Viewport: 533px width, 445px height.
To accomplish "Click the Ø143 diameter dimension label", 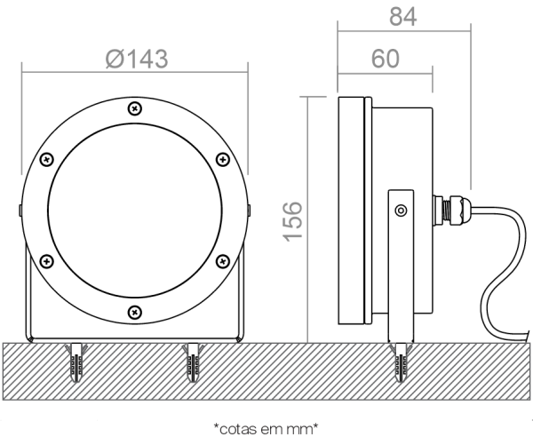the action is (137, 60).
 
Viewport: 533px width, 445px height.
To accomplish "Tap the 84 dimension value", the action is (402, 17).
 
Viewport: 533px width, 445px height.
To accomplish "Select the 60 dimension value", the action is (386, 59).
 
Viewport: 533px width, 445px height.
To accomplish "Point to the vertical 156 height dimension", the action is (292, 222).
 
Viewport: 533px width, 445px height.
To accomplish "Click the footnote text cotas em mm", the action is (266, 429).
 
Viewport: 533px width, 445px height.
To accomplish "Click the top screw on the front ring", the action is (135, 108).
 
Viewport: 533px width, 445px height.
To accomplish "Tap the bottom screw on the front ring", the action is (135, 312).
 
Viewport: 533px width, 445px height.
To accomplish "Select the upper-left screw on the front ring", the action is (47, 160).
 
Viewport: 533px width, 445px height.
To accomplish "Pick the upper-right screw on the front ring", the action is (223, 160).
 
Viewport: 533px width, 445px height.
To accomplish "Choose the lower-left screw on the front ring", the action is (47, 261).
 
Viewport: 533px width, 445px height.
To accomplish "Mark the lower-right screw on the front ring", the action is (223, 261).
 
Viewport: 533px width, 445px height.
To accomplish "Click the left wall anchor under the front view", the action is (76, 362).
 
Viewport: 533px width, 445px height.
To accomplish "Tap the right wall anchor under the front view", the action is (194, 362).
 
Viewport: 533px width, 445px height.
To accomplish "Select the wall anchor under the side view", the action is (402, 362).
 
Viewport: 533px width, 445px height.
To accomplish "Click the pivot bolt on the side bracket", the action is (402, 211).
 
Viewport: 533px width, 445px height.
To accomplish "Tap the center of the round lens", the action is (135, 211).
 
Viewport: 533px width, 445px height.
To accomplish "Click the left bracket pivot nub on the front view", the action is (20, 211).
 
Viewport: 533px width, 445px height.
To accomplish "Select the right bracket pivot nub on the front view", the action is (249, 211).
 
